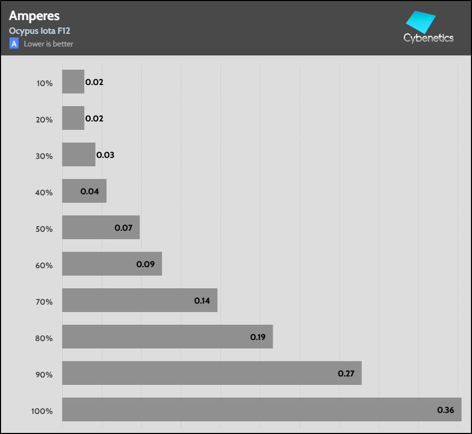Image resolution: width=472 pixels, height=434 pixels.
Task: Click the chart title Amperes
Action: click(x=34, y=16)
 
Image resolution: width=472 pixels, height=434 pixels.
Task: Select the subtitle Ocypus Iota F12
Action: click(x=40, y=31)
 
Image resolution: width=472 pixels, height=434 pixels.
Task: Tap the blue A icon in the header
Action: click(x=14, y=44)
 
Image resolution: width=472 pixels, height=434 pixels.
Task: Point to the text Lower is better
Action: click(x=49, y=44)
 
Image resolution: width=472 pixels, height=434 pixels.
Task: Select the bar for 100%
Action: click(x=262, y=409)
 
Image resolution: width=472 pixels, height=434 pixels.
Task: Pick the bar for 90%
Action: click(x=211, y=373)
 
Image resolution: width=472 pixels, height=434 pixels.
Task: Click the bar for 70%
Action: click(x=140, y=300)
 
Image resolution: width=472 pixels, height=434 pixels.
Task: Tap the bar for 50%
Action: click(x=101, y=227)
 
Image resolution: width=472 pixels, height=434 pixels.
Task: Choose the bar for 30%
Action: click(x=79, y=154)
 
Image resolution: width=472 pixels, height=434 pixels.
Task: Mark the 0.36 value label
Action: click(x=446, y=410)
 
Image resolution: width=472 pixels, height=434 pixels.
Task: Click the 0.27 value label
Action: click(x=346, y=373)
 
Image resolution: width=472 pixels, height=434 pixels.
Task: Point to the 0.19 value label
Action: click(x=258, y=337)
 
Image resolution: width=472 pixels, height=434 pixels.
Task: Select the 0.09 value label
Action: click(x=145, y=264)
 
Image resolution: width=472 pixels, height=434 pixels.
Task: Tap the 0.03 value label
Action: click(x=105, y=155)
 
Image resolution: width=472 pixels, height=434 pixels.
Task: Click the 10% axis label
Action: click(x=45, y=83)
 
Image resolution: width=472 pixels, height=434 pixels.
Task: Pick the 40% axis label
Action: click(x=45, y=192)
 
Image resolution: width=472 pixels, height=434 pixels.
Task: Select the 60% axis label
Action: click(x=45, y=265)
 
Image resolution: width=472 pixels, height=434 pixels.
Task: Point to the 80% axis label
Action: click(x=45, y=338)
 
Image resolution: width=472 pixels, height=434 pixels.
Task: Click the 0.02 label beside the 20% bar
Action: click(x=94, y=119)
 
